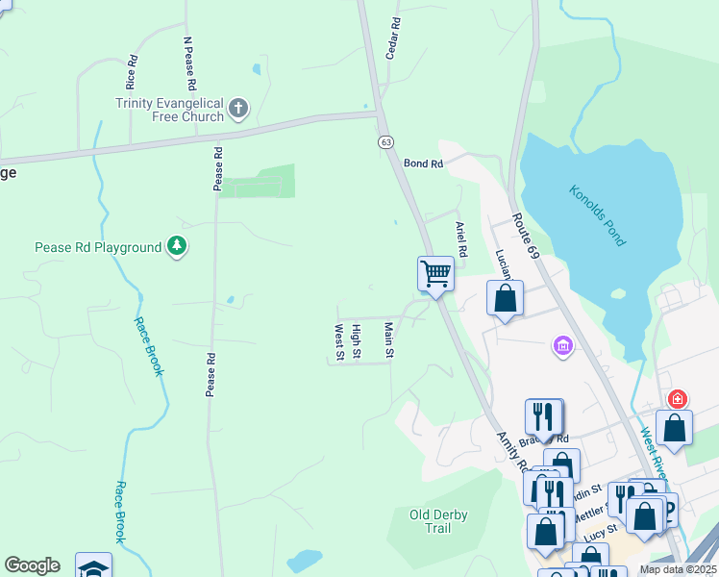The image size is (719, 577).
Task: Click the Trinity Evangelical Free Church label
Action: [169, 110]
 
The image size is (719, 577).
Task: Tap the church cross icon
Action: [239, 108]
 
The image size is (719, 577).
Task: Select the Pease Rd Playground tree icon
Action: [176, 247]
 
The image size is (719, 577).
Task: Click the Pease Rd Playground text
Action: [98, 247]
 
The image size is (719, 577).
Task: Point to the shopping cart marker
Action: [435, 274]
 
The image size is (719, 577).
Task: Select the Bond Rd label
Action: [423, 164]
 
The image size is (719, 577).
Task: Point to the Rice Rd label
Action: [132, 71]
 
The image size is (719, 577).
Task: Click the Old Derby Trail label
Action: [438, 521]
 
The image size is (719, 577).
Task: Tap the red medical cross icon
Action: [677, 399]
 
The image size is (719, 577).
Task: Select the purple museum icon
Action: [562, 345]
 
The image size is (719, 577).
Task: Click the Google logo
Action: [32, 565]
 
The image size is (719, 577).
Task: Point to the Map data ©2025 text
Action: [677, 569]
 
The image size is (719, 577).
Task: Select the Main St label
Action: [389, 340]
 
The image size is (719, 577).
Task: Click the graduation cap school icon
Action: [93, 567]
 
